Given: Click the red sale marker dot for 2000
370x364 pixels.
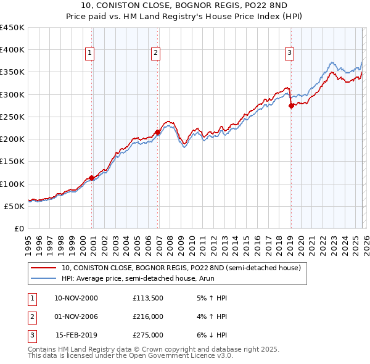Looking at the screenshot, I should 92,178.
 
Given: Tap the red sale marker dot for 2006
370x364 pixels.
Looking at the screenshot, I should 157,132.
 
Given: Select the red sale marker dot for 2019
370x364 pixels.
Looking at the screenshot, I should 291,105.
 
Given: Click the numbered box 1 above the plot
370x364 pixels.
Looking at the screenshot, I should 90,54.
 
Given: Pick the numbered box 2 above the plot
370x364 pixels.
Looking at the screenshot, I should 155,54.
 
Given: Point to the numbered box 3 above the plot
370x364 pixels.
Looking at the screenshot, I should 289,54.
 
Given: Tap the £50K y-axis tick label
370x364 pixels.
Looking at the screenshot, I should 15,206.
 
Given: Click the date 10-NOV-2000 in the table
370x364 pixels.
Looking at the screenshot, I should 76,298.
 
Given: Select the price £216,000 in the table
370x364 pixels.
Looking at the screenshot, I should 148,316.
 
